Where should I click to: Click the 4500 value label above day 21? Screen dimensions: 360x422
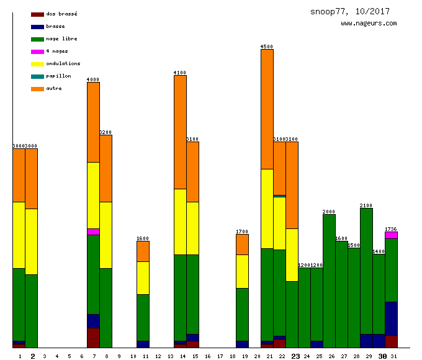[x=267, y=47]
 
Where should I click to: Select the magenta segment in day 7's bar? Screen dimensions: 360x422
[x=93, y=232]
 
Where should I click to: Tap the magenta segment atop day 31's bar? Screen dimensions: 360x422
[x=391, y=235]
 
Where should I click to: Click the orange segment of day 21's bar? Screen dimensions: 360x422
[x=267, y=109]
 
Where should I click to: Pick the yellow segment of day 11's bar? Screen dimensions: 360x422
[x=143, y=277]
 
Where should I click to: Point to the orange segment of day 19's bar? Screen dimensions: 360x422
[x=242, y=244]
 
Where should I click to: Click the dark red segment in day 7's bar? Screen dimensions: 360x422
[x=93, y=337]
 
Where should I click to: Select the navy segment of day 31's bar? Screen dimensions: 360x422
[x=391, y=318]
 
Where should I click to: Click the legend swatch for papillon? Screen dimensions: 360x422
[x=37, y=76]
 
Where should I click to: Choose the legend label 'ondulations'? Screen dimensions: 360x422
[x=63, y=63]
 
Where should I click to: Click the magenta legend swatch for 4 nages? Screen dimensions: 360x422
[x=37, y=52]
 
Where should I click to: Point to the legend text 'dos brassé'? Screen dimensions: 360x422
[x=61, y=14]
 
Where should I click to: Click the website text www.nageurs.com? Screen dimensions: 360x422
[x=369, y=24]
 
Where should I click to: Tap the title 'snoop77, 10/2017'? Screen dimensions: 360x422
[x=354, y=11]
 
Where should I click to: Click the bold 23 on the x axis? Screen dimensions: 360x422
[x=295, y=356]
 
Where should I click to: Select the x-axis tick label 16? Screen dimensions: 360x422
[x=208, y=356]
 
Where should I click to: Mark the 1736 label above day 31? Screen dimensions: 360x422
[x=391, y=229]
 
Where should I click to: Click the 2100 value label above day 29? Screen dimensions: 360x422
[x=366, y=205]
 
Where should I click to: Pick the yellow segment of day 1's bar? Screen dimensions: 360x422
[x=19, y=235]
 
